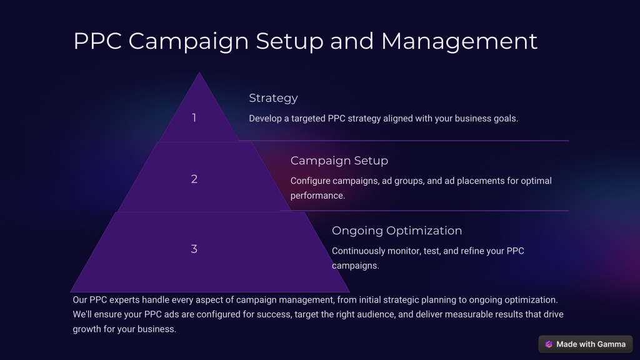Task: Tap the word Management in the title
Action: (x=459, y=41)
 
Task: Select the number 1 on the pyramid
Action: (x=194, y=118)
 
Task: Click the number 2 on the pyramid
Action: (x=194, y=179)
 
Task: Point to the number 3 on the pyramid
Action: (x=194, y=249)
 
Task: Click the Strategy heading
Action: (x=274, y=98)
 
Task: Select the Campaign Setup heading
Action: (x=339, y=161)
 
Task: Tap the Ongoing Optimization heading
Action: (x=397, y=231)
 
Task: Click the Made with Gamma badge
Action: (x=585, y=344)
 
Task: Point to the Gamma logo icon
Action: (x=549, y=344)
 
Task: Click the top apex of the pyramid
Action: (x=199, y=72)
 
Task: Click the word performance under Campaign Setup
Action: (x=317, y=196)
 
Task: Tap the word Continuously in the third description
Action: (x=358, y=251)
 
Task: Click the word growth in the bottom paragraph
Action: (x=86, y=329)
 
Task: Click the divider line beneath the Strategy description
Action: (x=403, y=141)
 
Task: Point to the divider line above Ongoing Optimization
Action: (x=424, y=211)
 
